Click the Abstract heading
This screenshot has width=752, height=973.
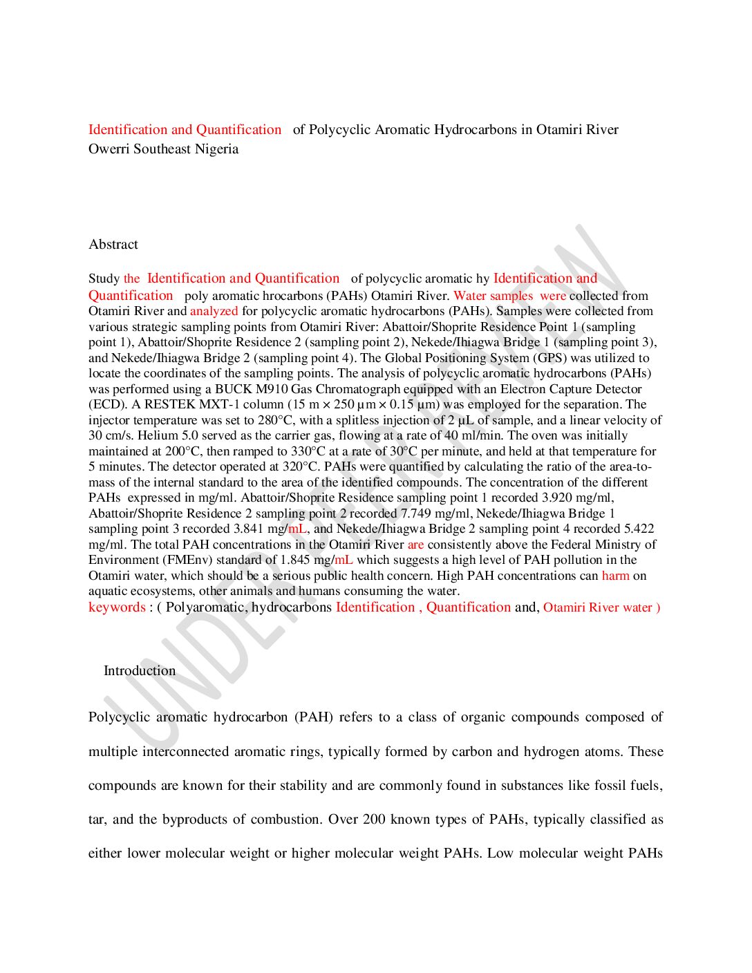point(113,245)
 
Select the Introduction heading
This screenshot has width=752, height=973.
point(140,671)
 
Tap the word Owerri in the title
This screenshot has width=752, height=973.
point(109,149)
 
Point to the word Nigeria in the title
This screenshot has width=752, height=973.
point(217,149)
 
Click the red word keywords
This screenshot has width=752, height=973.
point(117,607)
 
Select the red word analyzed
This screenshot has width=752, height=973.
point(214,312)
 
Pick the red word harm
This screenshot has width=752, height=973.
point(615,576)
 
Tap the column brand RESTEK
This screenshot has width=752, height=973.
point(169,405)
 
